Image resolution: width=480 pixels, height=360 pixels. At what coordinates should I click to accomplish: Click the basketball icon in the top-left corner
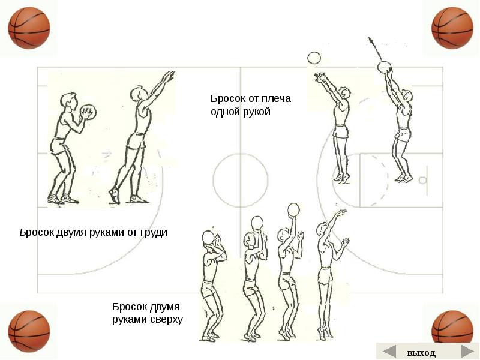coord(29,28)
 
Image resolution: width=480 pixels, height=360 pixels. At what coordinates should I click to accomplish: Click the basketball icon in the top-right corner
coord(452,28)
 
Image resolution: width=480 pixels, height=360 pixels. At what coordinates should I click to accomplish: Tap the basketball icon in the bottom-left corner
coord(29,331)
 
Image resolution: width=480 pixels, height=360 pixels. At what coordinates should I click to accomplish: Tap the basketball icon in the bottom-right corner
coord(452,331)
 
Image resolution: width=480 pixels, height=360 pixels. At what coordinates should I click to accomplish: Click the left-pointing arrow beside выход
coord(389,352)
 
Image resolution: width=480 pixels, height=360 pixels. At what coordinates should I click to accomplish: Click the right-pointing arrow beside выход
coord(467,352)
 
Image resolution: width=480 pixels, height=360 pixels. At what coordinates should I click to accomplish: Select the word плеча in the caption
coord(274,99)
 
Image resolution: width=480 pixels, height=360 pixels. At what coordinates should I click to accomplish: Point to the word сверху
coord(164,319)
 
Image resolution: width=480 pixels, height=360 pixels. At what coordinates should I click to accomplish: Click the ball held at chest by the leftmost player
coord(88,112)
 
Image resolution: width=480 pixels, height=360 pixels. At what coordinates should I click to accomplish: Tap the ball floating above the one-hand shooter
coord(314,58)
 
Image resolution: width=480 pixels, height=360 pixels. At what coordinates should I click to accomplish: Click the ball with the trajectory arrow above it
coord(384,66)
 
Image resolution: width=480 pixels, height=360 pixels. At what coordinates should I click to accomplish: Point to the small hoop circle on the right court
coord(423,180)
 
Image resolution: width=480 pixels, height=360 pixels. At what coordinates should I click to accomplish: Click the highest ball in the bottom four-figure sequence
coord(293,209)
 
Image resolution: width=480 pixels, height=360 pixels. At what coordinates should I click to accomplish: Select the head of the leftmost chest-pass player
coord(70,100)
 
